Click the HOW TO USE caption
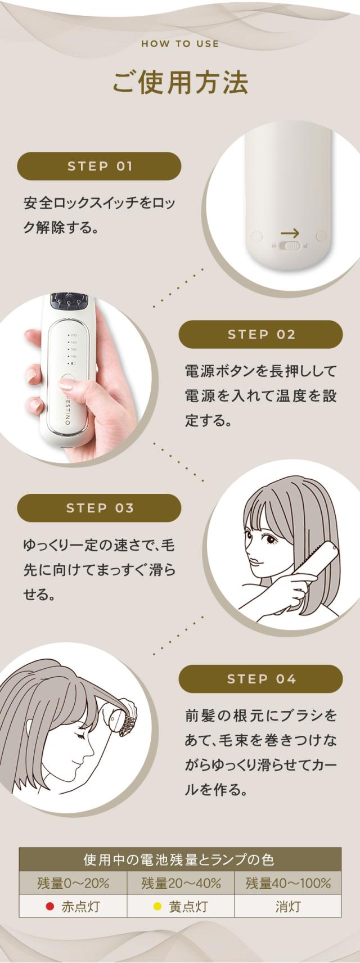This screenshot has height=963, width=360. tap(180, 43)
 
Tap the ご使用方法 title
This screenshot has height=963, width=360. tap(180, 82)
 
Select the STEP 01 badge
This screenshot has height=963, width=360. tap(100, 166)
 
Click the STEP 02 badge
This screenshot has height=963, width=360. tap(261, 335)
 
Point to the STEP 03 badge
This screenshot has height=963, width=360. tap(100, 508)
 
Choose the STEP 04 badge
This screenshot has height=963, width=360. tap(261, 679)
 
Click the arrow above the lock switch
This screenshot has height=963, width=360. tap(290, 233)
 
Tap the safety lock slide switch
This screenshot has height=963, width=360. tap(290, 246)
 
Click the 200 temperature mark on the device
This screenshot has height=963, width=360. tap(73, 335)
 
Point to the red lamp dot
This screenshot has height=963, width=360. tap(49, 906)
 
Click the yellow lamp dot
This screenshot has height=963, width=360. tap(157, 906)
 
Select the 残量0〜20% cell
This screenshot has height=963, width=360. tap(73, 883)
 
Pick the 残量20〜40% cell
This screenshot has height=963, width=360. tap(181, 883)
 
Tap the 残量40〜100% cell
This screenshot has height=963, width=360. tap(287, 883)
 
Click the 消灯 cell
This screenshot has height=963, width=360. tap(287, 906)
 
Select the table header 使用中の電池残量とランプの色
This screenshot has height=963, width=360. tap(180, 859)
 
